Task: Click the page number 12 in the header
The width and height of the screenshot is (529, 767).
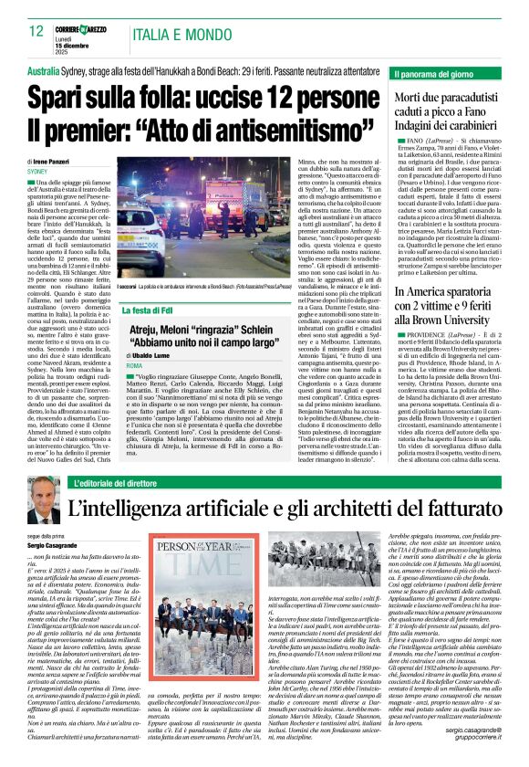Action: click(x=36, y=32)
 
